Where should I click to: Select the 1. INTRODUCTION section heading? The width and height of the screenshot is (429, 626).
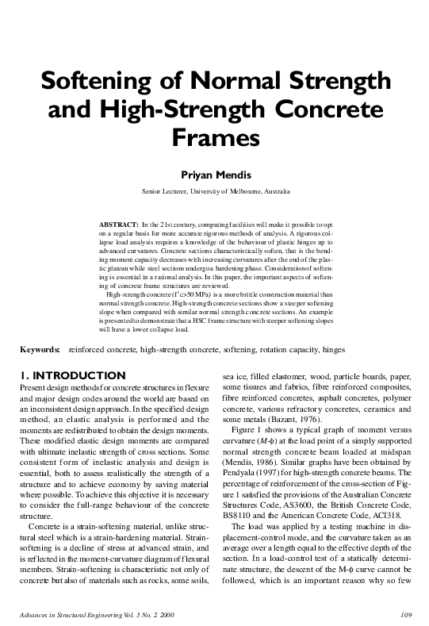71,374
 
